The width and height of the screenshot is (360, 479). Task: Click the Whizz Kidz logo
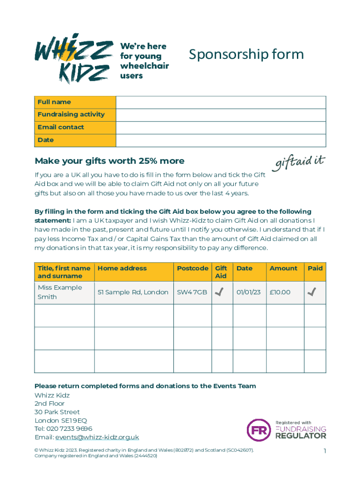(x=74, y=58)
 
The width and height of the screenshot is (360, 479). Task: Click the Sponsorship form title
(x=246, y=55)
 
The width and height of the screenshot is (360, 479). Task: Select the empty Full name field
(x=221, y=102)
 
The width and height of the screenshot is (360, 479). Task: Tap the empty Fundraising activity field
(x=221, y=115)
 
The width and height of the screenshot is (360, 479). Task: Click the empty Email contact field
(x=221, y=127)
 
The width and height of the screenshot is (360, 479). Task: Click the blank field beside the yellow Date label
(x=221, y=140)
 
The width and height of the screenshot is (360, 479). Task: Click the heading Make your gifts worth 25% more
(x=109, y=161)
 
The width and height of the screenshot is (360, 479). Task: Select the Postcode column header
(x=193, y=268)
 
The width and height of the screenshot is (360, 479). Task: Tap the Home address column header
(x=122, y=268)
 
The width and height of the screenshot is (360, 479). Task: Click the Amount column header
(x=283, y=268)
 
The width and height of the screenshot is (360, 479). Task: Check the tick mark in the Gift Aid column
(x=219, y=292)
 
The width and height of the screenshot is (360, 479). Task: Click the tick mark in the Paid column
(x=312, y=292)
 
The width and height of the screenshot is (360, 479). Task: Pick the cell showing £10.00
(x=280, y=292)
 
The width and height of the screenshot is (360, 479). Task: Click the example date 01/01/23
(x=248, y=292)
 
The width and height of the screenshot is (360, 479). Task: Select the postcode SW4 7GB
(x=192, y=292)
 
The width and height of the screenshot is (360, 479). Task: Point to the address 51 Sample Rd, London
(x=133, y=292)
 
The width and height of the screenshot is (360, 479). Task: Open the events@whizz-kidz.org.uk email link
(x=97, y=437)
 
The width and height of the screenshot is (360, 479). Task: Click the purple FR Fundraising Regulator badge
(x=259, y=429)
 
